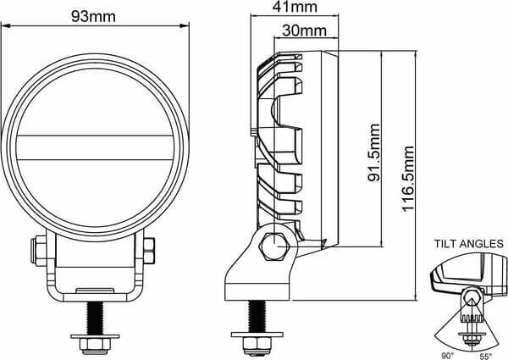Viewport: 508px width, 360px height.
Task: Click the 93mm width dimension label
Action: point(93,16)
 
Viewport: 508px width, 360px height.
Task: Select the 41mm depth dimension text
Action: point(295,7)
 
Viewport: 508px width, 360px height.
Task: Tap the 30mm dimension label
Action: point(304,30)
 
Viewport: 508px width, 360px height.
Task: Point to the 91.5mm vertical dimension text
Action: point(374,152)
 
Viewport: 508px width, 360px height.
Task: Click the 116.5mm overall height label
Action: point(408,179)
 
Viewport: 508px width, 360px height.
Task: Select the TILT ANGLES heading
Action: point(469,243)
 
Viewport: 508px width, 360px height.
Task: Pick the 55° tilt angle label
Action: point(485,357)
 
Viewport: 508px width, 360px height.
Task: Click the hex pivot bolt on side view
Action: point(274,246)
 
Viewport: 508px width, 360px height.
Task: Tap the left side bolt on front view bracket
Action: point(39,251)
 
